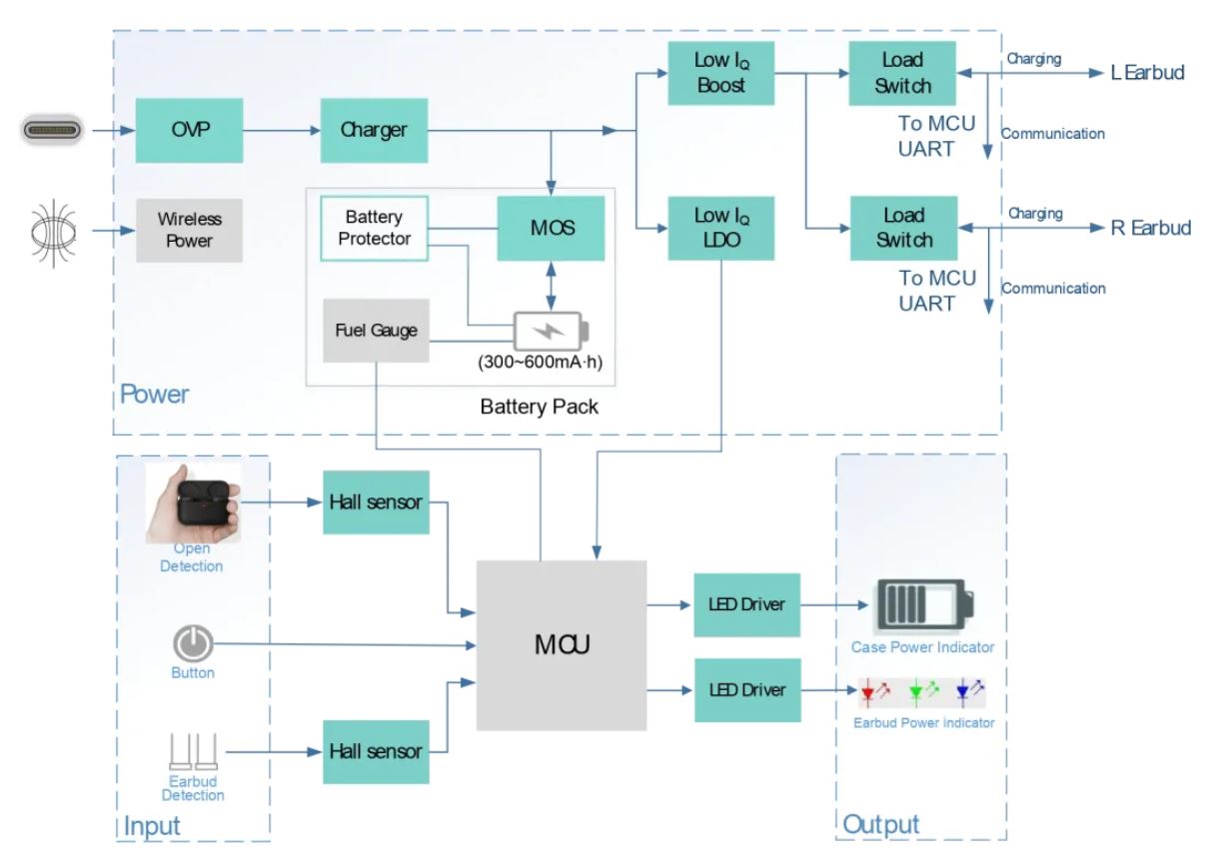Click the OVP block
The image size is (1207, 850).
(x=189, y=130)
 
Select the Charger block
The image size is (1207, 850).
(x=374, y=130)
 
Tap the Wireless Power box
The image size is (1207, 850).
(x=189, y=230)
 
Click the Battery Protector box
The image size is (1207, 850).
(x=374, y=229)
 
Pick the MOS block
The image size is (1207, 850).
(x=551, y=229)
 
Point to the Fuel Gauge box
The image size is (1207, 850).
(x=376, y=331)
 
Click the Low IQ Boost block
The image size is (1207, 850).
(x=720, y=73)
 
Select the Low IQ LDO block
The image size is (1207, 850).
(x=720, y=228)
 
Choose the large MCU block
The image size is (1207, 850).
(x=561, y=645)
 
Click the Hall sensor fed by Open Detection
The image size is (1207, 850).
(x=376, y=502)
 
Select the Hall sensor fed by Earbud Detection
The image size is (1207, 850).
(x=376, y=751)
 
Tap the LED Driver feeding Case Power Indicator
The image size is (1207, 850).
(x=747, y=604)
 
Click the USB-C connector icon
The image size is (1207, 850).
(x=55, y=130)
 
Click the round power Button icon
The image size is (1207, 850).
(x=193, y=643)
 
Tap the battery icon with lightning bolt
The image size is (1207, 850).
(x=551, y=331)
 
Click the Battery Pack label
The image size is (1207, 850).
(x=540, y=407)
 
